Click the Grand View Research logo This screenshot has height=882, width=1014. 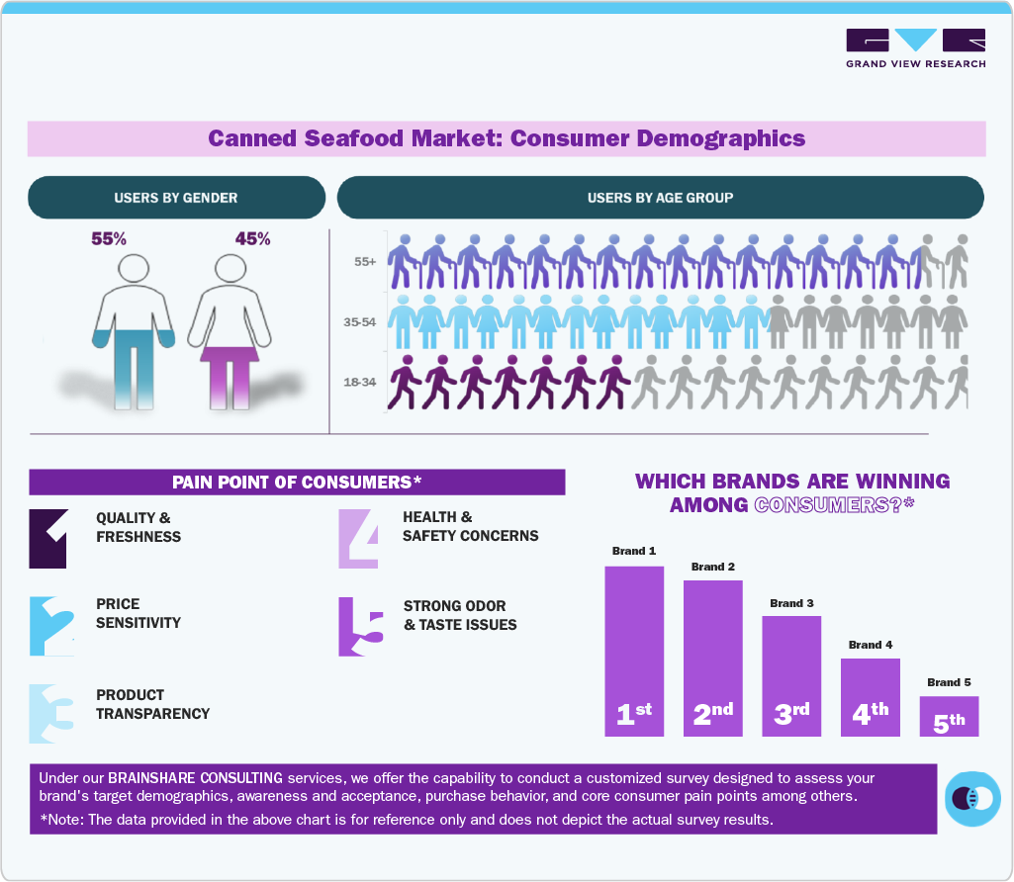tap(915, 48)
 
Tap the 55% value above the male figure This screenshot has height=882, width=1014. tap(110, 239)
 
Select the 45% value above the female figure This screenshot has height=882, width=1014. tap(252, 239)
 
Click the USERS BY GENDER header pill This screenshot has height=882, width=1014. tap(176, 198)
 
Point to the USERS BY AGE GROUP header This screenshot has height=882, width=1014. tap(660, 198)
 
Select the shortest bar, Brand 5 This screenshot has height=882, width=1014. tap(949, 716)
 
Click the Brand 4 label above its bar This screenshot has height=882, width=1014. tap(871, 645)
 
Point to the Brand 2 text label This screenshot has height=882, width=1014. tap(712, 567)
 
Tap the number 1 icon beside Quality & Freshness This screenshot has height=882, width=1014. tap(48, 539)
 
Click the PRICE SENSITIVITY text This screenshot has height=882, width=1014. tap(138, 613)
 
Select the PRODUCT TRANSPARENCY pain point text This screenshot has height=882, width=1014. tap(152, 704)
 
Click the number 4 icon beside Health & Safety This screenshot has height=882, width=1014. tap(358, 539)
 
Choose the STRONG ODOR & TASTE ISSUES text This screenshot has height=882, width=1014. tap(459, 615)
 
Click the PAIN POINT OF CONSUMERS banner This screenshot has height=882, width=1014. tap(297, 482)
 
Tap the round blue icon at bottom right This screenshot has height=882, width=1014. tap(972, 797)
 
